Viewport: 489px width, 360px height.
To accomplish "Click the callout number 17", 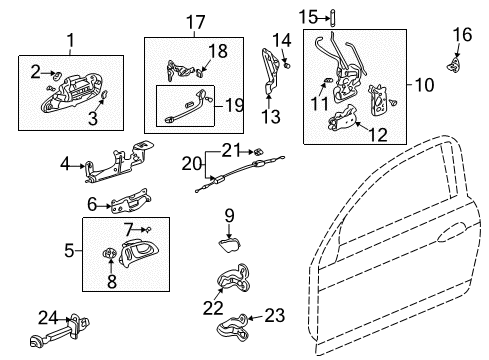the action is coord(195,22).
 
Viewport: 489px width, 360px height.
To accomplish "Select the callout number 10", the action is coord(424,85).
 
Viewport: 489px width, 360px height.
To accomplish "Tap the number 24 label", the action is coord(48,317).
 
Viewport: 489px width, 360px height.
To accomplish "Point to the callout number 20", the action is coord(192,164).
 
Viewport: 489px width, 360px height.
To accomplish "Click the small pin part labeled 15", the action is coord(333,18).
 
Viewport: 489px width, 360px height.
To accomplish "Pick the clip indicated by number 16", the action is coord(454,64).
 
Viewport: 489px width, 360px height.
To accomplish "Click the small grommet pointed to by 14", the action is coord(287,65).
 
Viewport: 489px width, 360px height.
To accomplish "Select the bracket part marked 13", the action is coord(270,72).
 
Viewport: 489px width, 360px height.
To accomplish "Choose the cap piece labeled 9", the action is coord(229,245).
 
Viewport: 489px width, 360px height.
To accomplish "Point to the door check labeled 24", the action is coord(60,332).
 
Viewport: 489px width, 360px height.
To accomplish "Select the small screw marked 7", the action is coord(149,229).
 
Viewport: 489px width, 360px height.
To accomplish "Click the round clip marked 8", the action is coord(110,253).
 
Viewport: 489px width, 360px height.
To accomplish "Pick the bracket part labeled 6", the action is coord(131,201).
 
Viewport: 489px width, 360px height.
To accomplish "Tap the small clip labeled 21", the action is coord(258,152).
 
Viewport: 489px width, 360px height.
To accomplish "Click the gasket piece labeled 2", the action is coord(57,75).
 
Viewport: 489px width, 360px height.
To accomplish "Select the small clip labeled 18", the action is coord(200,72).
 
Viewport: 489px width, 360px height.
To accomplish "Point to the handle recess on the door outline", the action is coord(451,232).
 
